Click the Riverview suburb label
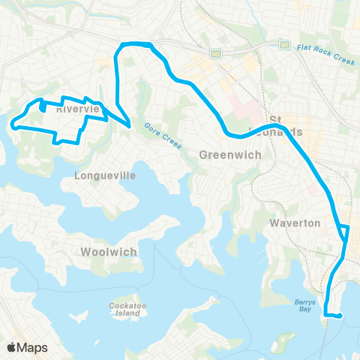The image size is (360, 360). (x=78, y=109)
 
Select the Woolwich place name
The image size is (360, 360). (x=109, y=252)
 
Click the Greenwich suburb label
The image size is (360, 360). (x=230, y=154)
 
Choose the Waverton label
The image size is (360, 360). (x=296, y=223)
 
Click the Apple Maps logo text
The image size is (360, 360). (x=25, y=347)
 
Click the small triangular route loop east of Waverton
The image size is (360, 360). (x=344, y=230)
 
